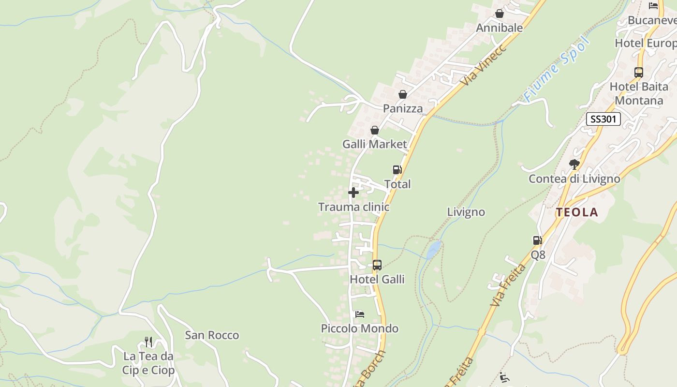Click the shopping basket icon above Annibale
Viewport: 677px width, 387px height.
500,14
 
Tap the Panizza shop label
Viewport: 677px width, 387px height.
403,108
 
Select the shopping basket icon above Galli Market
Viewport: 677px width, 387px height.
374,130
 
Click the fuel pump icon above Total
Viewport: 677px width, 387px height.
397,170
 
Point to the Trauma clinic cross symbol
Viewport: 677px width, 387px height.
353,193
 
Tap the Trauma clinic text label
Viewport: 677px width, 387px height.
353,207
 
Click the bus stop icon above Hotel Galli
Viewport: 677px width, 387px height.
377,265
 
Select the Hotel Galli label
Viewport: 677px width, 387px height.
377,280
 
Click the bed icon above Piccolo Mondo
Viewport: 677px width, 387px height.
359,314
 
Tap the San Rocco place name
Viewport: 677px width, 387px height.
212,335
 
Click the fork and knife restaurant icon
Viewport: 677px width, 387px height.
148,342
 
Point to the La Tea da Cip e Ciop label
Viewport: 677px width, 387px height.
148,363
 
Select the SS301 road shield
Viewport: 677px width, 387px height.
603,119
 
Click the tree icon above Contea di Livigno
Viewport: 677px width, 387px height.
574,164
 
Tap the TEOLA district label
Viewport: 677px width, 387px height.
577,212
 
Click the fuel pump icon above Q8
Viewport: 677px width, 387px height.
537,240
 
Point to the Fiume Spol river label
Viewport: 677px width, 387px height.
557,69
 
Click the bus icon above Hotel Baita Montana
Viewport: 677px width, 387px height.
638,73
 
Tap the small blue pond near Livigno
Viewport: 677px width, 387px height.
433,250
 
